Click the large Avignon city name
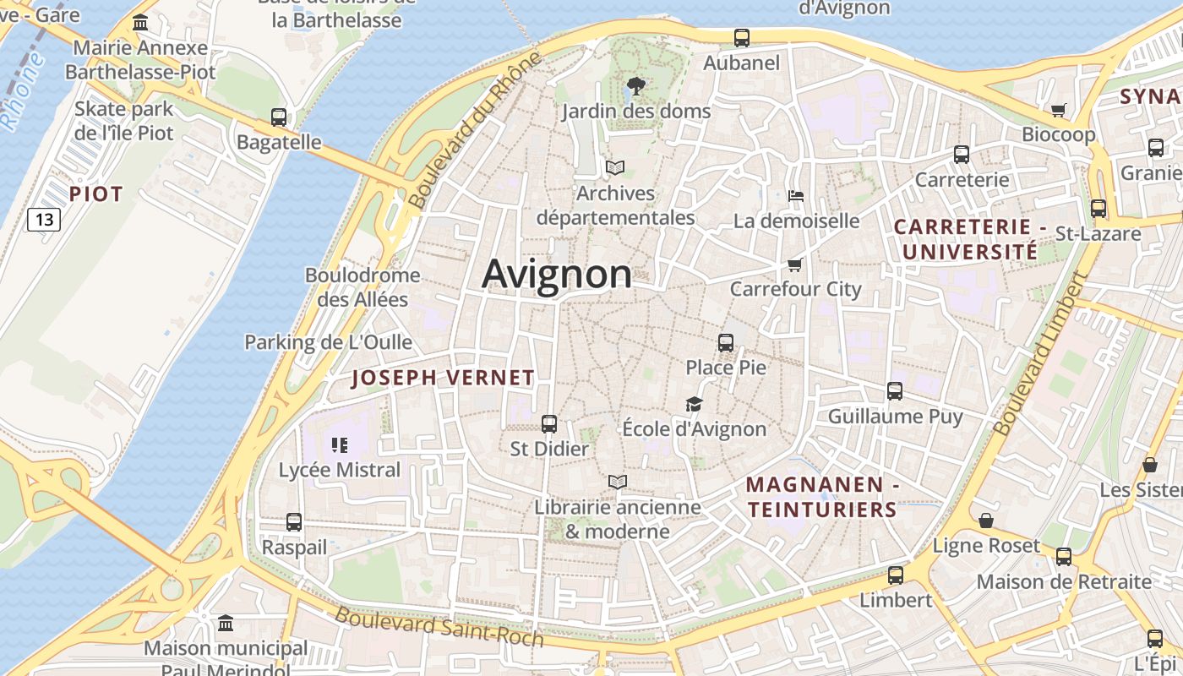coord(557,274)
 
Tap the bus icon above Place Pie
coord(726,342)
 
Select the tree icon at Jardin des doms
coord(635,85)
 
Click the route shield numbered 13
coord(44,221)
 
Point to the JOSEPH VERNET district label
coord(443,378)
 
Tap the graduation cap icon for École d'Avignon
coord(694,405)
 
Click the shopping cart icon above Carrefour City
coord(794,265)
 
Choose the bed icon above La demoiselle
coord(795,196)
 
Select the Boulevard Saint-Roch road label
coord(439,626)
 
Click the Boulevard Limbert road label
coord(1040,353)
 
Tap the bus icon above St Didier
coord(549,424)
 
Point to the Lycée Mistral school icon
coord(340,445)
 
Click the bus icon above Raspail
coord(294,522)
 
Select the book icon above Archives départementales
coord(615,168)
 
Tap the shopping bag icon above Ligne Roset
coord(985,521)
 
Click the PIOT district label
coord(95,194)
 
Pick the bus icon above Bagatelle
coord(279,117)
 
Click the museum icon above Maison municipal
coord(226,624)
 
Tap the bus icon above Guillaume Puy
coord(895,391)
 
